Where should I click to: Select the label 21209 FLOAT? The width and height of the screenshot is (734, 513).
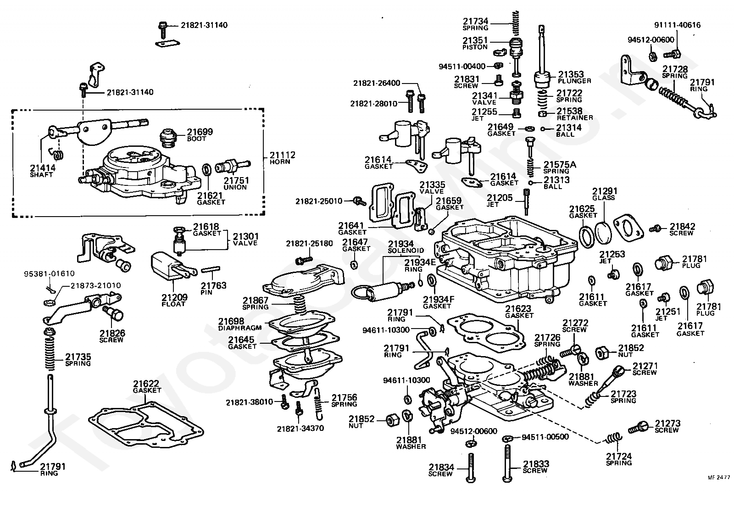tap(173, 301)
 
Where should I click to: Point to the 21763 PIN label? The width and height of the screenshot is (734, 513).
tap(213, 288)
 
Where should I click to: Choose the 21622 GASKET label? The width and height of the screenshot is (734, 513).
tap(147, 386)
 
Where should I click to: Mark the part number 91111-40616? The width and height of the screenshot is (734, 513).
tap(677, 25)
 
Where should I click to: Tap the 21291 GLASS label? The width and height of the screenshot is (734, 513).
tap(604, 194)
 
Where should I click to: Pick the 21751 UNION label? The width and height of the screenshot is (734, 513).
tap(235, 184)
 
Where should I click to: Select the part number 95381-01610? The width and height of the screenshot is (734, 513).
tap(49, 274)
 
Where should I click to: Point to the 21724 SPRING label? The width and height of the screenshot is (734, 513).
tap(619, 459)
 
